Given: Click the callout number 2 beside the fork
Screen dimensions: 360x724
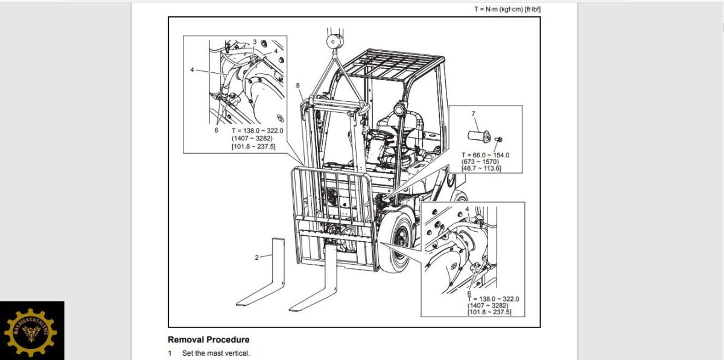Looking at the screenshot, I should click(256, 257).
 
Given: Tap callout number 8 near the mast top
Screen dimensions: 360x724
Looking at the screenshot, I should click(297, 86).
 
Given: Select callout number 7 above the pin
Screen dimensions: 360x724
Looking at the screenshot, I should click(473, 114).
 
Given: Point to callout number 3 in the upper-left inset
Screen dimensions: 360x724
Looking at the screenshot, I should click(255, 42).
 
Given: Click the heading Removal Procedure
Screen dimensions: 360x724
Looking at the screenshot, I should click(208, 339).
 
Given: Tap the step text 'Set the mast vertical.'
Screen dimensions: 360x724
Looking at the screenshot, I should click(216, 353).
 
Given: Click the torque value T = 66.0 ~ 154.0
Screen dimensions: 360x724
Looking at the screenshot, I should click(485, 155).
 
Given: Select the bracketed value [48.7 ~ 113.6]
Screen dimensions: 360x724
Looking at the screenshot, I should click(482, 168).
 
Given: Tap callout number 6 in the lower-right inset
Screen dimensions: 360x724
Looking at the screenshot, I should click(469, 293).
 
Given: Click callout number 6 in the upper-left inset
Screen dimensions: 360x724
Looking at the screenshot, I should click(216, 130).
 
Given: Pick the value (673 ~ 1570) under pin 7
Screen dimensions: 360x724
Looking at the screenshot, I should click(482, 162).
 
